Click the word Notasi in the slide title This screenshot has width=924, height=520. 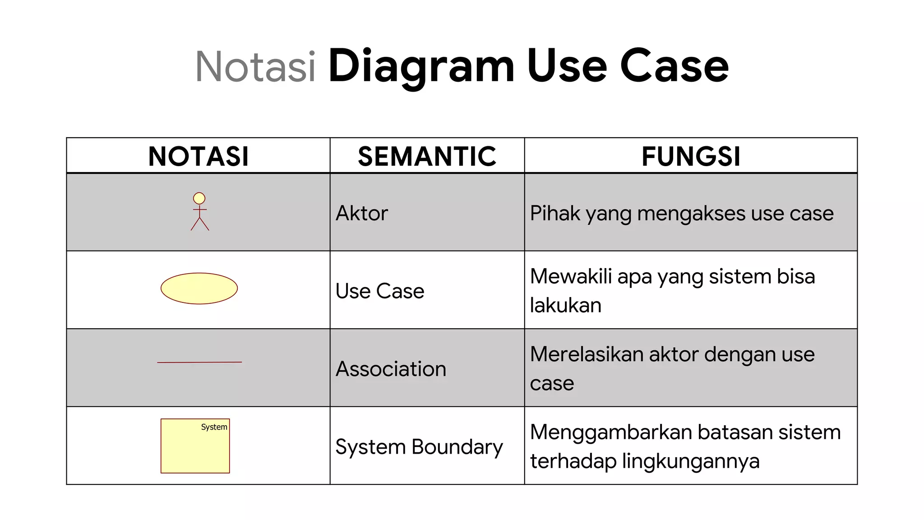255,67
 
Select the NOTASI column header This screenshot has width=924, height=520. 199,156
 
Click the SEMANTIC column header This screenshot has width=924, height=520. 427,156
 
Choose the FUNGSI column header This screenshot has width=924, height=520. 691,156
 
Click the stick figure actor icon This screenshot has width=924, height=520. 199,212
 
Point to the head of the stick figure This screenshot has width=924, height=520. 199,198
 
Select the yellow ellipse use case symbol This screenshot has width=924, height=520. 199,288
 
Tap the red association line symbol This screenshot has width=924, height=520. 199,362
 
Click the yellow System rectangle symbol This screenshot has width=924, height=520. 195,449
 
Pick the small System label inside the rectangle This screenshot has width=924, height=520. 214,427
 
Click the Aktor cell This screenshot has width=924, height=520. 362,213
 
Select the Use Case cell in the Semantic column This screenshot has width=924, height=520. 380,291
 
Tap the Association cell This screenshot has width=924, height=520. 391,369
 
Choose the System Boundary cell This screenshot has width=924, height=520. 419,447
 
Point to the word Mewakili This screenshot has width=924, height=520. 570,276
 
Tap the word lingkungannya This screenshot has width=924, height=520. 691,461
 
